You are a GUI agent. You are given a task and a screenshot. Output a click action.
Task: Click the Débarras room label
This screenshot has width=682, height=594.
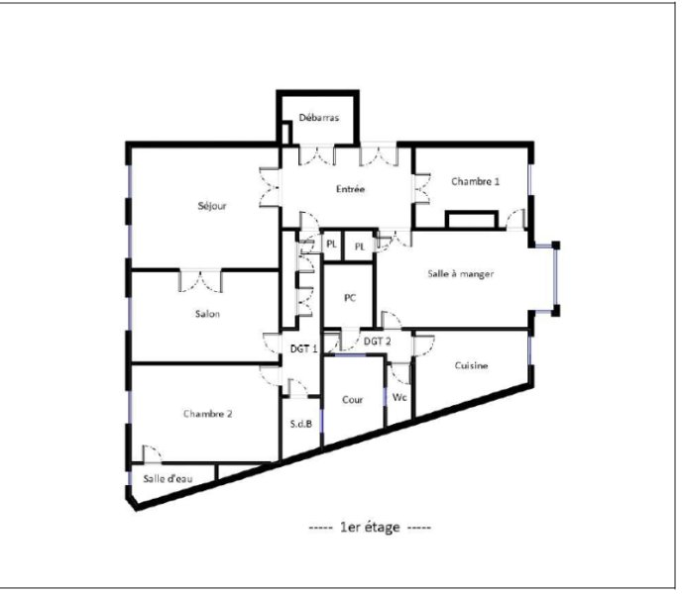(x=319, y=118)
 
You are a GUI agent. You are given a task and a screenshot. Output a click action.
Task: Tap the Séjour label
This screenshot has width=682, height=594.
(x=212, y=206)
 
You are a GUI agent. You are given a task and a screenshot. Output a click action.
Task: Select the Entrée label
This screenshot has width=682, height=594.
(x=350, y=189)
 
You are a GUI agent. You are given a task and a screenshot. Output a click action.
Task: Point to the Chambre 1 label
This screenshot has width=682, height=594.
(x=476, y=181)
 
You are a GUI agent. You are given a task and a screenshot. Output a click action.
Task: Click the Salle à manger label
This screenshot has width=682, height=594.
(x=461, y=274)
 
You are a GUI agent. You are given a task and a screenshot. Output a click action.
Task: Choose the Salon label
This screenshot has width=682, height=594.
(x=207, y=313)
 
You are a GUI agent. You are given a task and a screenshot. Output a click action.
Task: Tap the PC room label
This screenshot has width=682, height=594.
(x=350, y=298)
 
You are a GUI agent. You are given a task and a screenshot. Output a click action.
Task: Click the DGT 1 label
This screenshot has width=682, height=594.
(x=303, y=348)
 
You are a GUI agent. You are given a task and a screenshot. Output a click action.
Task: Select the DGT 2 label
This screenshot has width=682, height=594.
(x=377, y=342)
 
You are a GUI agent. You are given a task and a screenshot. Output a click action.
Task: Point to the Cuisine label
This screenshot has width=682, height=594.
(x=471, y=365)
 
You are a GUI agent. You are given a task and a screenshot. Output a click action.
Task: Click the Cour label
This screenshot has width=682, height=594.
(x=352, y=399)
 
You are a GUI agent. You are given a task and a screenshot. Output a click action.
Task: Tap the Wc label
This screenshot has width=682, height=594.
(x=399, y=397)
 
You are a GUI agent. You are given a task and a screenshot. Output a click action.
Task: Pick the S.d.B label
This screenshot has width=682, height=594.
(x=301, y=424)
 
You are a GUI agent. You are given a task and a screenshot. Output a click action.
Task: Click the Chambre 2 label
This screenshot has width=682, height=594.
(x=207, y=413)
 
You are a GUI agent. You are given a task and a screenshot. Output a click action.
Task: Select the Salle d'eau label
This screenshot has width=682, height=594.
(x=168, y=478)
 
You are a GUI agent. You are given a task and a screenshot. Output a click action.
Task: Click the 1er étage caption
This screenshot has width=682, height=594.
(x=370, y=527)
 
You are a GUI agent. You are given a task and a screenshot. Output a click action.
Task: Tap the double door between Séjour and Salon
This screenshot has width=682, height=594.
(x=200, y=281)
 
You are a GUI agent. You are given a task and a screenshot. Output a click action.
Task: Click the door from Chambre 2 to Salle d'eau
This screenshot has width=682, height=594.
(x=153, y=454)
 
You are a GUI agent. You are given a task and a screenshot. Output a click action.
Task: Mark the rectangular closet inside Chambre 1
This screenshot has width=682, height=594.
(x=472, y=220)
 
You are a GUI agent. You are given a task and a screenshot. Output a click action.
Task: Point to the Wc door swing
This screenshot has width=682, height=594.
(x=400, y=373)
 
